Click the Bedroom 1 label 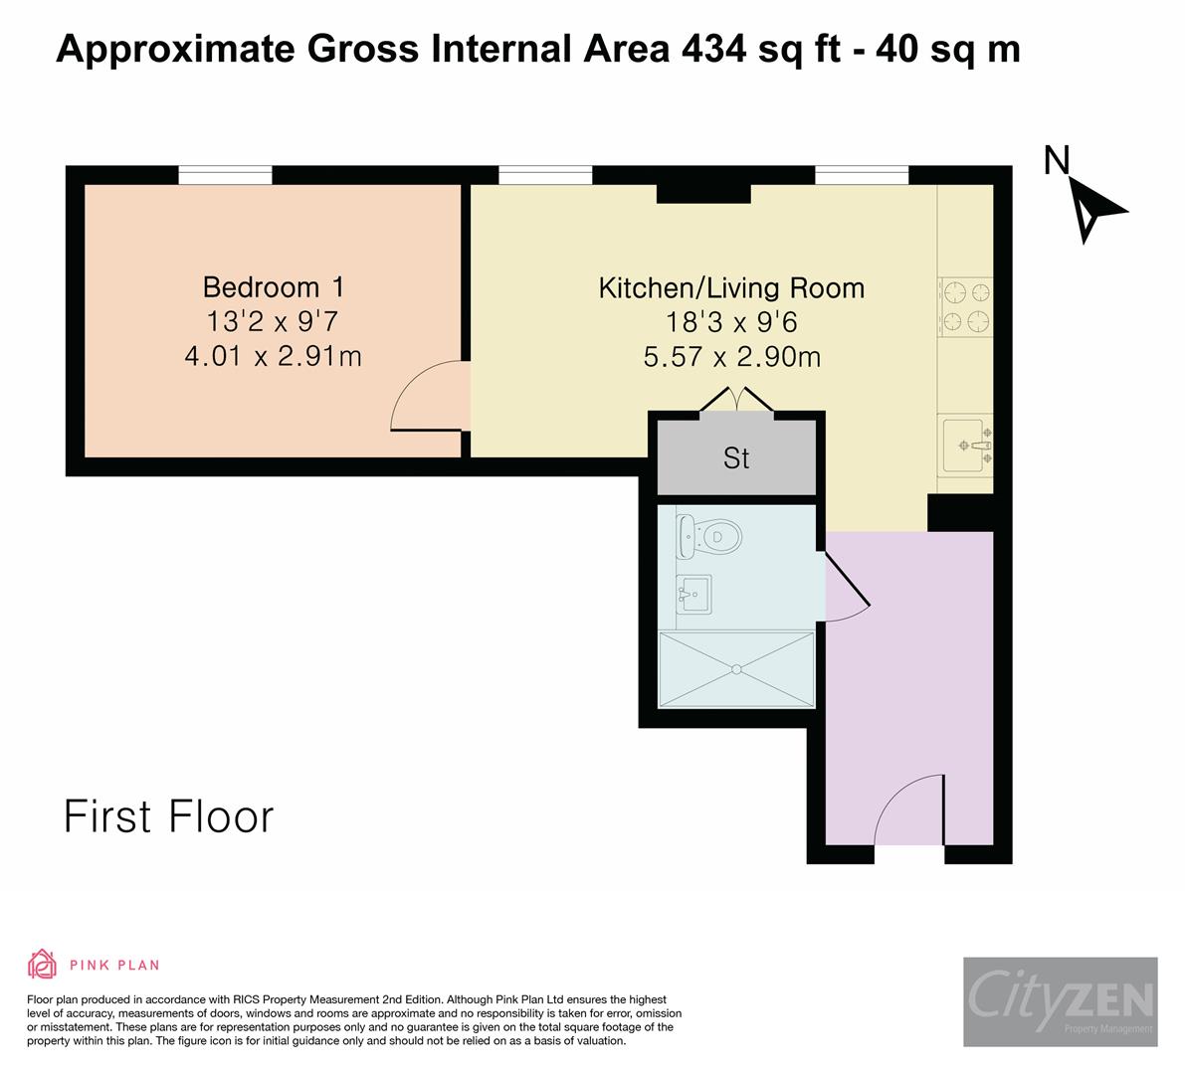pyautogui.click(x=274, y=287)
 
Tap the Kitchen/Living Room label pyautogui.click(x=731, y=288)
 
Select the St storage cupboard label pyautogui.click(x=736, y=458)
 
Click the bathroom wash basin pyautogui.click(x=693, y=595)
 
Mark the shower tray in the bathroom pyautogui.click(x=736, y=669)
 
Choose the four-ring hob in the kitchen pyautogui.click(x=965, y=306)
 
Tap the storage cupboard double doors pyautogui.click(x=735, y=400)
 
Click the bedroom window pyautogui.click(x=225, y=176)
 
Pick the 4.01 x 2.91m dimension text pyautogui.click(x=274, y=355)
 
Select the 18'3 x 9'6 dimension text pyautogui.click(x=731, y=322)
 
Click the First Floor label pyautogui.click(x=168, y=816)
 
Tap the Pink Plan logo pyautogui.click(x=94, y=964)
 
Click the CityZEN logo pyautogui.click(x=1060, y=1001)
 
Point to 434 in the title pyautogui.click(x=713, y=48)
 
